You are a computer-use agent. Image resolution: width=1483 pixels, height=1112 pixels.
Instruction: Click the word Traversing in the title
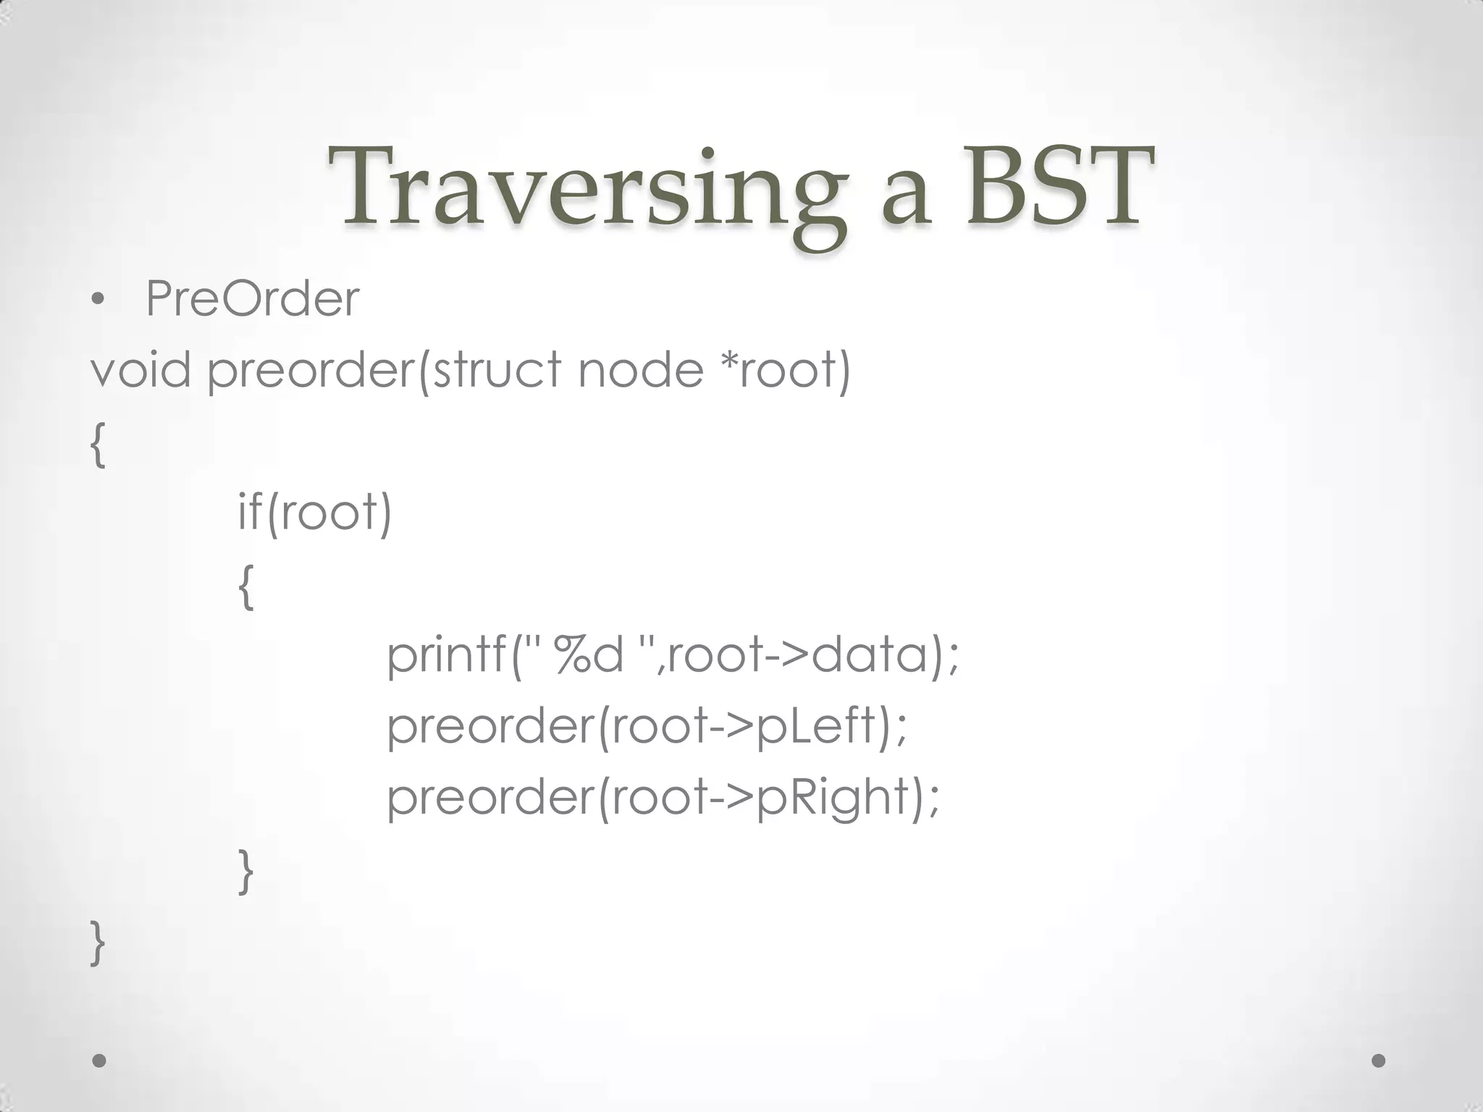click(x=587, y=190)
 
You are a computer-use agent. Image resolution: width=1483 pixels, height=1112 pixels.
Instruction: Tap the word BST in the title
click(x=1058, y=187)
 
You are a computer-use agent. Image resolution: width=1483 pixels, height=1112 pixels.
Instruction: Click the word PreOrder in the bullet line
click(x=252, y=298)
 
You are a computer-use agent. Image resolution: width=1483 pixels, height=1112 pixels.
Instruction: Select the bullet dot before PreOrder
click(x=98, y=300)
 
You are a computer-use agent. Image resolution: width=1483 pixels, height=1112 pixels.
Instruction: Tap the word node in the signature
click(x=640, y=369)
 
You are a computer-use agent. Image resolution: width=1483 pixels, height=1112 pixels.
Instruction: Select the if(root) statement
click(x=314, y=512)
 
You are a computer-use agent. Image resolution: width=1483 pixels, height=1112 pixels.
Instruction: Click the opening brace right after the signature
click(x=98, y=445)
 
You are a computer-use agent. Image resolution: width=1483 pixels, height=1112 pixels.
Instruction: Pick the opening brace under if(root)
click(x=246, y=586)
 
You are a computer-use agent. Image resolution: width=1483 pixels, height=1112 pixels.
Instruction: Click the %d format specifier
click(x=588, y=654)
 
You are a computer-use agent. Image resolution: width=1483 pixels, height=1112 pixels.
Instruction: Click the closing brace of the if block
click(x=246, y=871)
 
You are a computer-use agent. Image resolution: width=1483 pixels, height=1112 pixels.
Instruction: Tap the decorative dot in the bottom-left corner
click(x=99, y=1061)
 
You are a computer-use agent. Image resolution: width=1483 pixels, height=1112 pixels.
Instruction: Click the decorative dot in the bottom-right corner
click(x=1379, y=1061)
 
